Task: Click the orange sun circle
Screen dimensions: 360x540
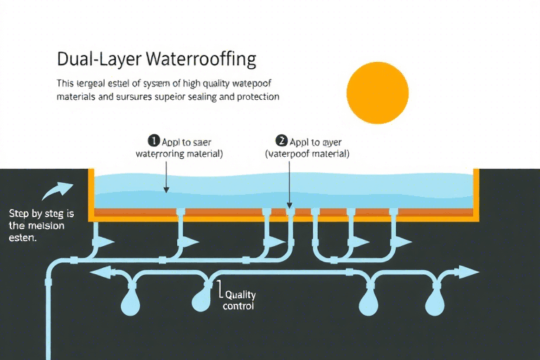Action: click(378, 94)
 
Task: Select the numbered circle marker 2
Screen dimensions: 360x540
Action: click(282, 141)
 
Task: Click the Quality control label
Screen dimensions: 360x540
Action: click(238, 301)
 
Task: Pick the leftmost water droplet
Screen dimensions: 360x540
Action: click(131, 302)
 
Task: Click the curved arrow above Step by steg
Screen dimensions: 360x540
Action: click(57, 191)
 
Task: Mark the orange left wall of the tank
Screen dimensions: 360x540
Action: click(91, 193)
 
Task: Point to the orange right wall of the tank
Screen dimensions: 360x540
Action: click(477, 193)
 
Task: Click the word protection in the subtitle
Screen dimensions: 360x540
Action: click(255, 97)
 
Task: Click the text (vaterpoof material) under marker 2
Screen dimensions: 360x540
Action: click(307, 153)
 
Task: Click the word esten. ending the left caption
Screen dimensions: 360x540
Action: click(22, 238)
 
